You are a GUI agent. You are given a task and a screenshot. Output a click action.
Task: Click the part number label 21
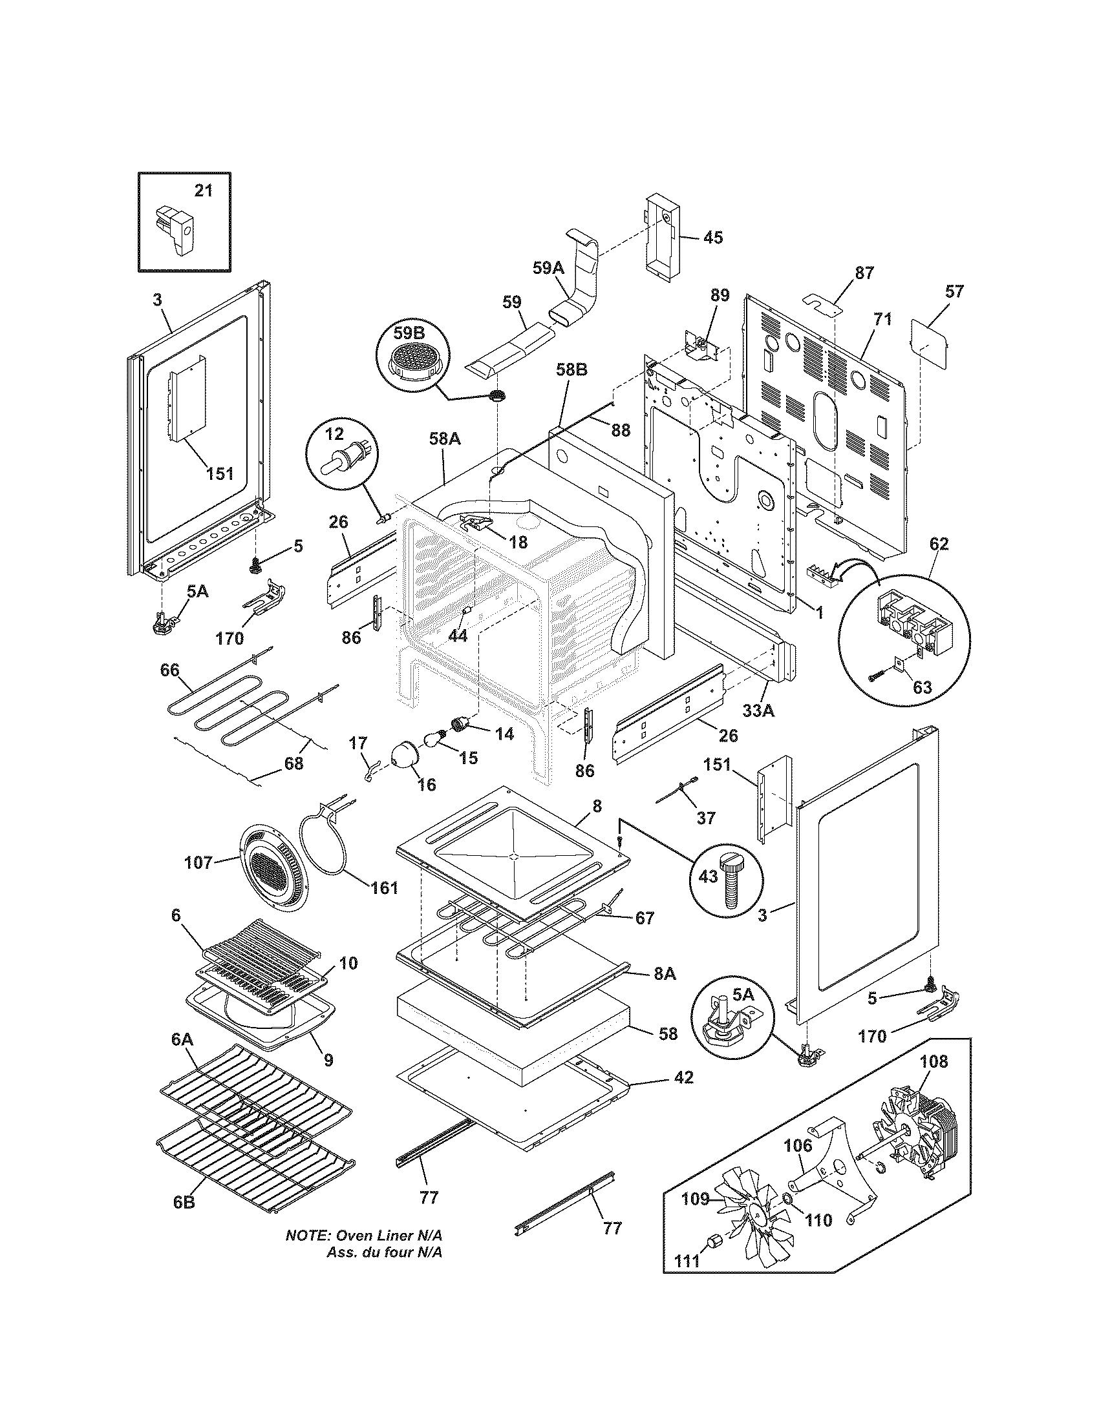203,191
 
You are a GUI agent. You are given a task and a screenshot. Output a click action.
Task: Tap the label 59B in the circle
408,333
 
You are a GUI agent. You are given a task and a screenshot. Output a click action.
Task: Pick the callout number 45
713,238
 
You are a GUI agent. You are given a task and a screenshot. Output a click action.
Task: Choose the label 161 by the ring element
384,887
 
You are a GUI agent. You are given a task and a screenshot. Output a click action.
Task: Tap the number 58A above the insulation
445,439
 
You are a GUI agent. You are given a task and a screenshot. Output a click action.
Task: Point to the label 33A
758,712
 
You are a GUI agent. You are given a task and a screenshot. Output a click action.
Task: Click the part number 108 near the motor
934,1061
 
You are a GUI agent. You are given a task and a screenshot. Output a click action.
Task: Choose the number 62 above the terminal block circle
939,543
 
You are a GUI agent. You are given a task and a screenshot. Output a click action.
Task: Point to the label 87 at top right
864,273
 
